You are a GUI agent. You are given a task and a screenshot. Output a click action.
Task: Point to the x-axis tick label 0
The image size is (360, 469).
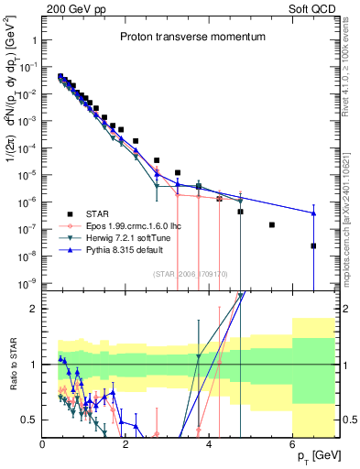[43, 444]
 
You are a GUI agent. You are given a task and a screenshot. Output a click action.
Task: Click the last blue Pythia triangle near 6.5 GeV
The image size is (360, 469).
[313, 213]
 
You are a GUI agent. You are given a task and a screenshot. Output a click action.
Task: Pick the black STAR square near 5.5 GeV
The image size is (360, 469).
[272, 224]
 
